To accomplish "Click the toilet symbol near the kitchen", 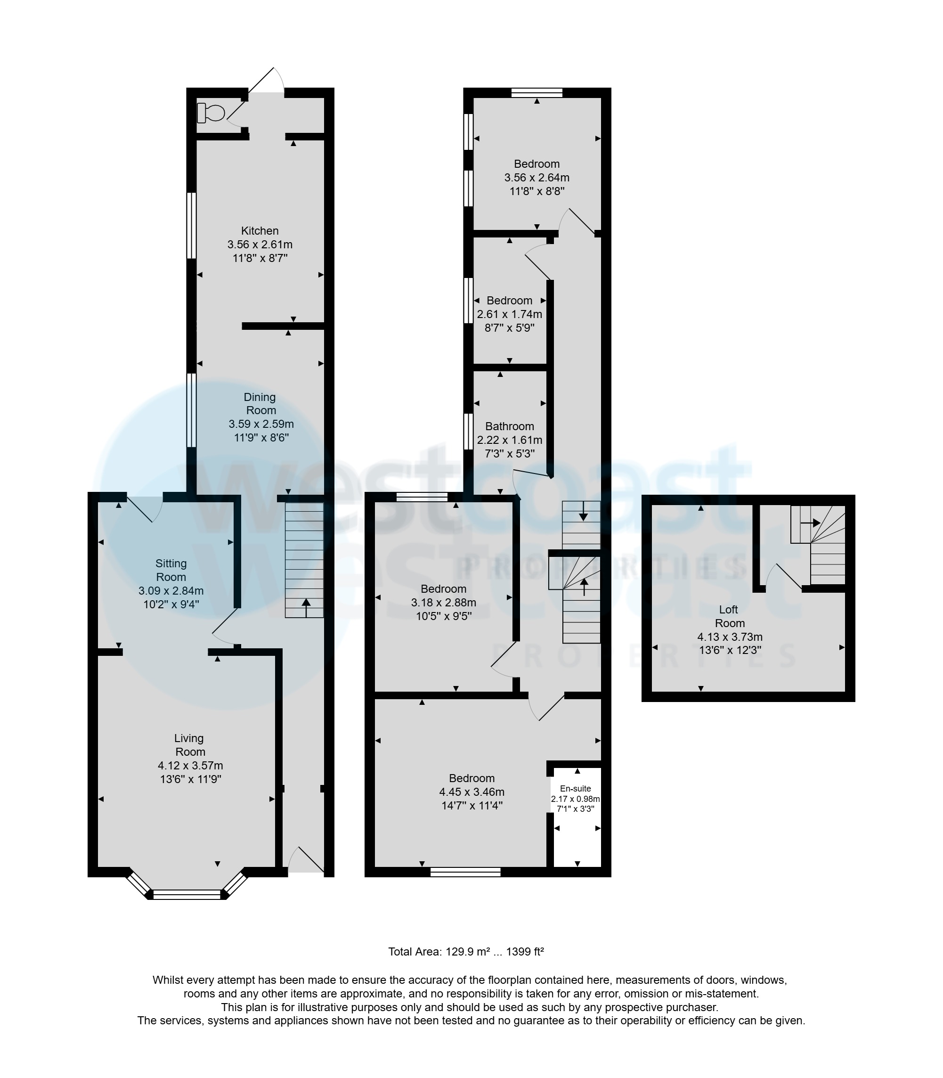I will (x=211, y=113).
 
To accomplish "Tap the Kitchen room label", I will (x=260, y=230).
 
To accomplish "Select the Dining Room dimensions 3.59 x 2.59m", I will (x=261, y=424).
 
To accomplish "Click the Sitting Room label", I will (x=171, y=570).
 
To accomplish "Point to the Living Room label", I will (x=189, y=745).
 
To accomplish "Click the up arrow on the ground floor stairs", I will (x=306, y=607).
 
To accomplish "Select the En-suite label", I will (x=575, y=789).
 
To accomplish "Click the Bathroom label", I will (x=509, y=426).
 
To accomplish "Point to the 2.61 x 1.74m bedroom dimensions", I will (x=509, y=314).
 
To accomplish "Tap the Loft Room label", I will (x=729, y=616).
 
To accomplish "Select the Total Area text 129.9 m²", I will (x=466, y=952).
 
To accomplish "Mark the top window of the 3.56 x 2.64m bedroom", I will (x=537, y=93).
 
